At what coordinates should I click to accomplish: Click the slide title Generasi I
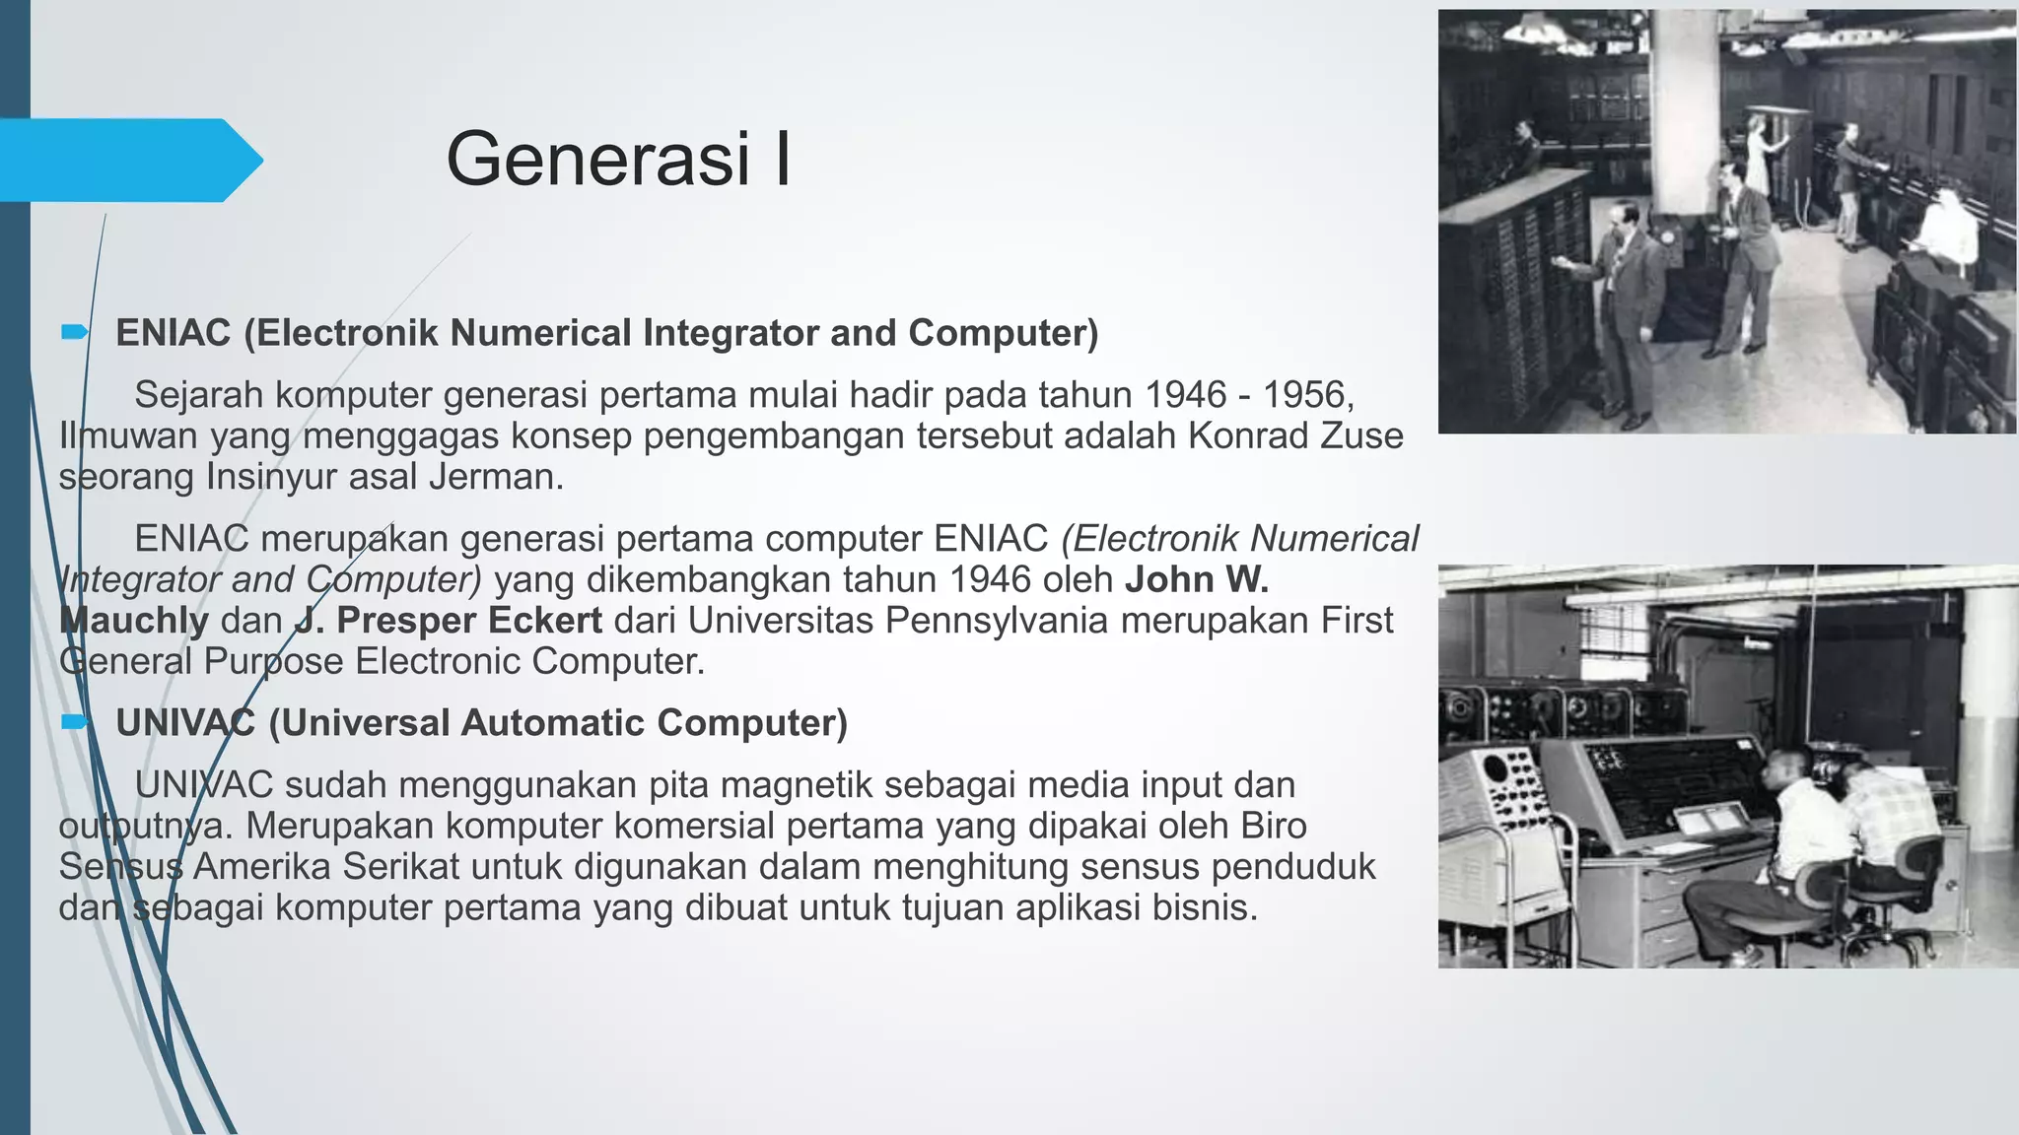tap(618, 159)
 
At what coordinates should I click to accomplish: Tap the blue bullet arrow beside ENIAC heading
tap(74, 333)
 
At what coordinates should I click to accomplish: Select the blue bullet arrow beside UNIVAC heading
tap(74, 722)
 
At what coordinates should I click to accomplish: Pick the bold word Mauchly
tap(134, 621)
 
